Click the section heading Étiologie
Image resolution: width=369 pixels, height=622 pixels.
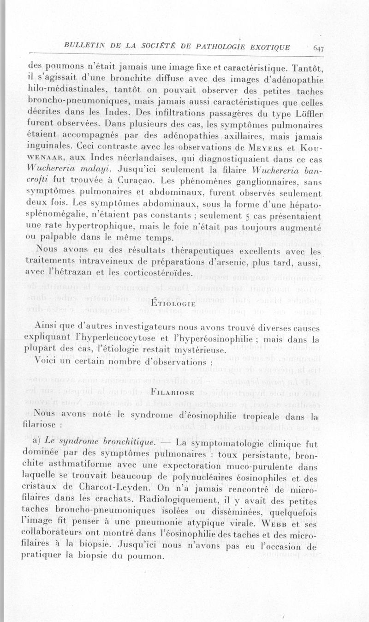click(x=174, y=304)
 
